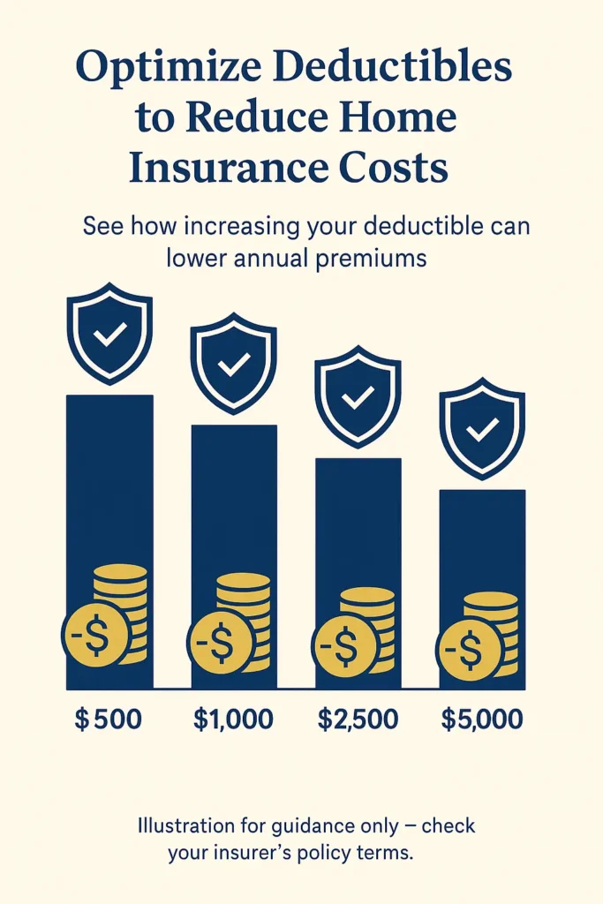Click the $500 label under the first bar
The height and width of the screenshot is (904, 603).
(108, 719)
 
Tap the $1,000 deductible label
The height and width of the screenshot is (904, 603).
(233, 719)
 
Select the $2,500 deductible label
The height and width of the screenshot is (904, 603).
(358, 719)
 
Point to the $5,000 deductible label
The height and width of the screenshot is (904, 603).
(482, 719)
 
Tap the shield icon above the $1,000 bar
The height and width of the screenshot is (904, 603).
(234, 363)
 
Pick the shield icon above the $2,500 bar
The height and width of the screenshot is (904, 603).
(358, 395)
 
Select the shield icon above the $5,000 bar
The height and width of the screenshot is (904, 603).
(482, 427)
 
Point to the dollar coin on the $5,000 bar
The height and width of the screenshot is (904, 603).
(469, 654)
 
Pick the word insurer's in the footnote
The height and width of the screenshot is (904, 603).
(264, 854)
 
